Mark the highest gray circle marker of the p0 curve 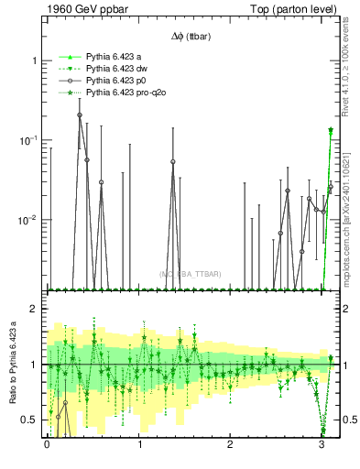coord(80,115)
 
